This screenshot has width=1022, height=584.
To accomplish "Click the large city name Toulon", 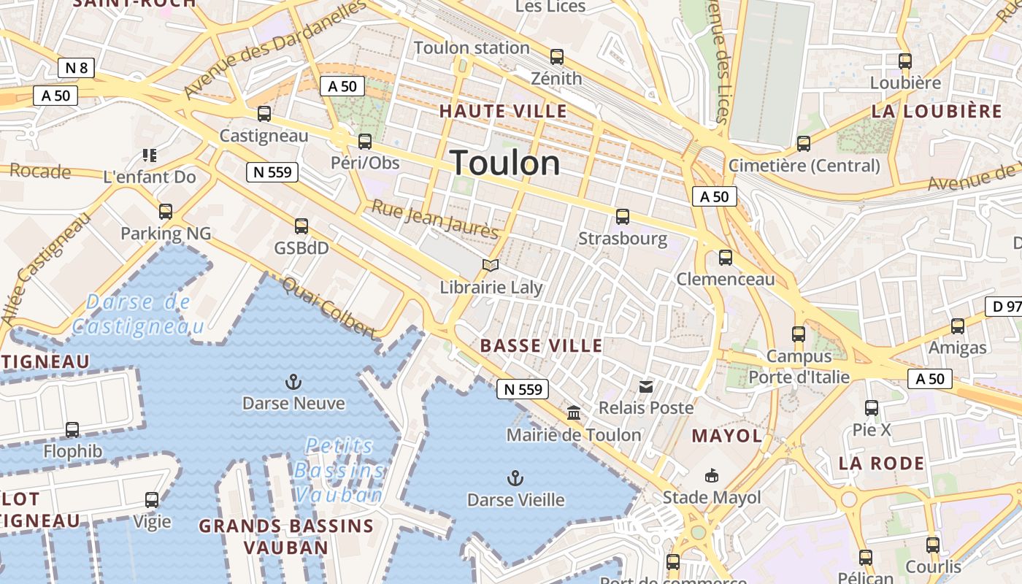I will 505,163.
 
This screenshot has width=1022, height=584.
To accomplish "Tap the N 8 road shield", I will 76,68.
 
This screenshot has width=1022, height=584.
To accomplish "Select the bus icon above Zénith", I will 557,56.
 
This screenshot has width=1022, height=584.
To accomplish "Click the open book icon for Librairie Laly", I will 491,266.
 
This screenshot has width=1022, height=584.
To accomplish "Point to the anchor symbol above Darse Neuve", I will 293,382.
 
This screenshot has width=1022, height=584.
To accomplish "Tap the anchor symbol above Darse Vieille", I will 515,479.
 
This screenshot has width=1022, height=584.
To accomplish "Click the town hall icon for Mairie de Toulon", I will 574,413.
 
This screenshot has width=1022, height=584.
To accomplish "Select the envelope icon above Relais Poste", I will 646,386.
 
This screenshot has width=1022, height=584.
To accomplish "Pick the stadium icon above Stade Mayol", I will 711,476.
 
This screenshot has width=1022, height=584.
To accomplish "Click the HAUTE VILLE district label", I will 502,111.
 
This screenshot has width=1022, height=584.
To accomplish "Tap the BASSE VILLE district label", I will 542,345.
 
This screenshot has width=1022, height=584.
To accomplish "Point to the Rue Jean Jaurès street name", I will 435,219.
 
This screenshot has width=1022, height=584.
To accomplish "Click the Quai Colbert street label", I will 329,308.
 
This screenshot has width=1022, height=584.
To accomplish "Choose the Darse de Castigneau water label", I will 138,314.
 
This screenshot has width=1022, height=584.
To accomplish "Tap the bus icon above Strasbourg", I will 623,216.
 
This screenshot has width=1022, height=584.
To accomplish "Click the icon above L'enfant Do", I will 150,155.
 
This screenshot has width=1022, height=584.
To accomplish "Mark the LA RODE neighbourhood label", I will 881,463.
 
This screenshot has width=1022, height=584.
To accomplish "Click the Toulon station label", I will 472,48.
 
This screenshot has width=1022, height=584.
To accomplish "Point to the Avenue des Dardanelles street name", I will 275,50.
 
